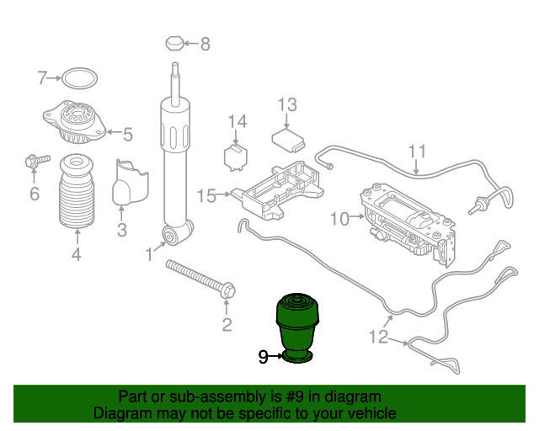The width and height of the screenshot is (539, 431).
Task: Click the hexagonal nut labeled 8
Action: pos(175,43)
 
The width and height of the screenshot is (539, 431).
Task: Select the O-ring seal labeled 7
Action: pos(79,70)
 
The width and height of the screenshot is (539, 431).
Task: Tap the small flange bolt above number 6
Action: pos(37,161)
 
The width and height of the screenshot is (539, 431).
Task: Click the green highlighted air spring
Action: pos(297,328)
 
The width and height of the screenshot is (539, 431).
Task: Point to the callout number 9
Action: pos(263,358)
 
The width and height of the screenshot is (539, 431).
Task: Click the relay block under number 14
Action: pos(236,157)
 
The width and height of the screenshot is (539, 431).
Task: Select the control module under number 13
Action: pos(288,141)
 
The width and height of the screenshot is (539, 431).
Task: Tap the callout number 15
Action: pos(206,196)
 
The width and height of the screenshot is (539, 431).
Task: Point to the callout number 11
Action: pos(417,152)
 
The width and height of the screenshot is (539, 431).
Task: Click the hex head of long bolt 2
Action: pos(227,290)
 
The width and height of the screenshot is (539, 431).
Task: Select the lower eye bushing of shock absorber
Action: pos(170,235)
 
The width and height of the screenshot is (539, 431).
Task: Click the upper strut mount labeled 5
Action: pos(74,122)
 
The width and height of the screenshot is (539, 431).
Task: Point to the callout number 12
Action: pos(378,337)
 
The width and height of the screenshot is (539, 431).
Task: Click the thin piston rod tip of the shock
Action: pos(175,66)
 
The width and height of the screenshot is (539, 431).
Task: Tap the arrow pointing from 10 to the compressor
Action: pos(357,216)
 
